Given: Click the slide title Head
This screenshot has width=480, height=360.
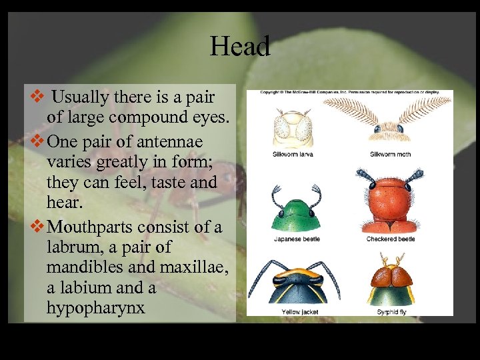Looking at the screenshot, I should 240,47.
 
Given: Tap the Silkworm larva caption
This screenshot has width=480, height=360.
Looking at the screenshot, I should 293,155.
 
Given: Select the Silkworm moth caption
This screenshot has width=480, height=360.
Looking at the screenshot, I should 390,155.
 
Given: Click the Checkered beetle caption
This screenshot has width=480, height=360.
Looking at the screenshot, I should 390,239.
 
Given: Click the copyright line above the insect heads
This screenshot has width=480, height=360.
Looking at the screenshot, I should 349,93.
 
